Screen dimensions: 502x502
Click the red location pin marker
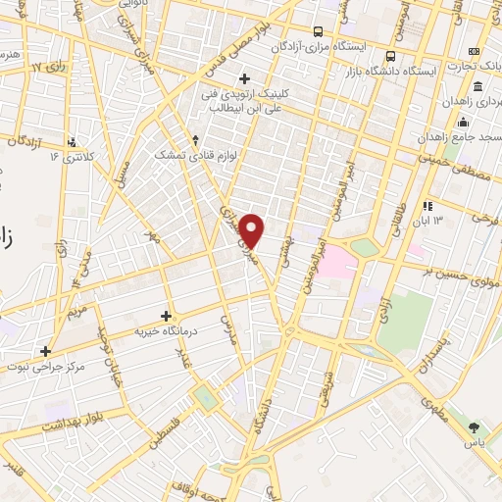click(x=252, y=230)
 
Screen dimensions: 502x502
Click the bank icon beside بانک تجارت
click(x=475, y=51)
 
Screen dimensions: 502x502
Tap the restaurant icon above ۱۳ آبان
click(x=427, y=206)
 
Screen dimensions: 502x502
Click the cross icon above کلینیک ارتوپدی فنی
click(x=244, y=78)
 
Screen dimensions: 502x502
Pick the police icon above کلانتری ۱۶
click(x=71, y=142)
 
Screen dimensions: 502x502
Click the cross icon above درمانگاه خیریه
click(x=166, y=316)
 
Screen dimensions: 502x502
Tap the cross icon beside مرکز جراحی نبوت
click(x=45, y=350)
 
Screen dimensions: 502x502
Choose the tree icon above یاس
click(x=476, y=427)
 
